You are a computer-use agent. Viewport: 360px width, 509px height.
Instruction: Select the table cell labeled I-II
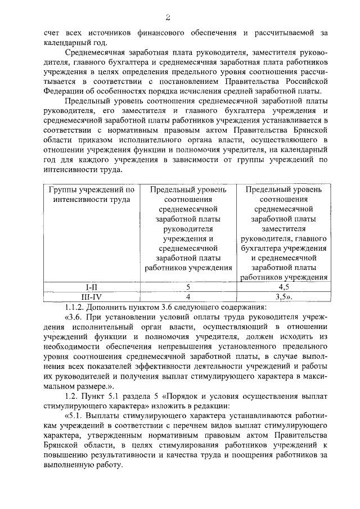pyautogui.click(x=91, y=287)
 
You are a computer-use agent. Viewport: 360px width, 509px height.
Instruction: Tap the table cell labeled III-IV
pyautogui.click(x=91, y=296)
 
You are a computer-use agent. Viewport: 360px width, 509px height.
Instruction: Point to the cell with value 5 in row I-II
pyautogui.click(x=188, y=287)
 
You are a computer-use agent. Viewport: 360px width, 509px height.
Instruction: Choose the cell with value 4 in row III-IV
pyautogui.click(x=188, y=296)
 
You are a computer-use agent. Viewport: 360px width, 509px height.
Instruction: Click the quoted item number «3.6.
pyautogui.click(x=76, y=317)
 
